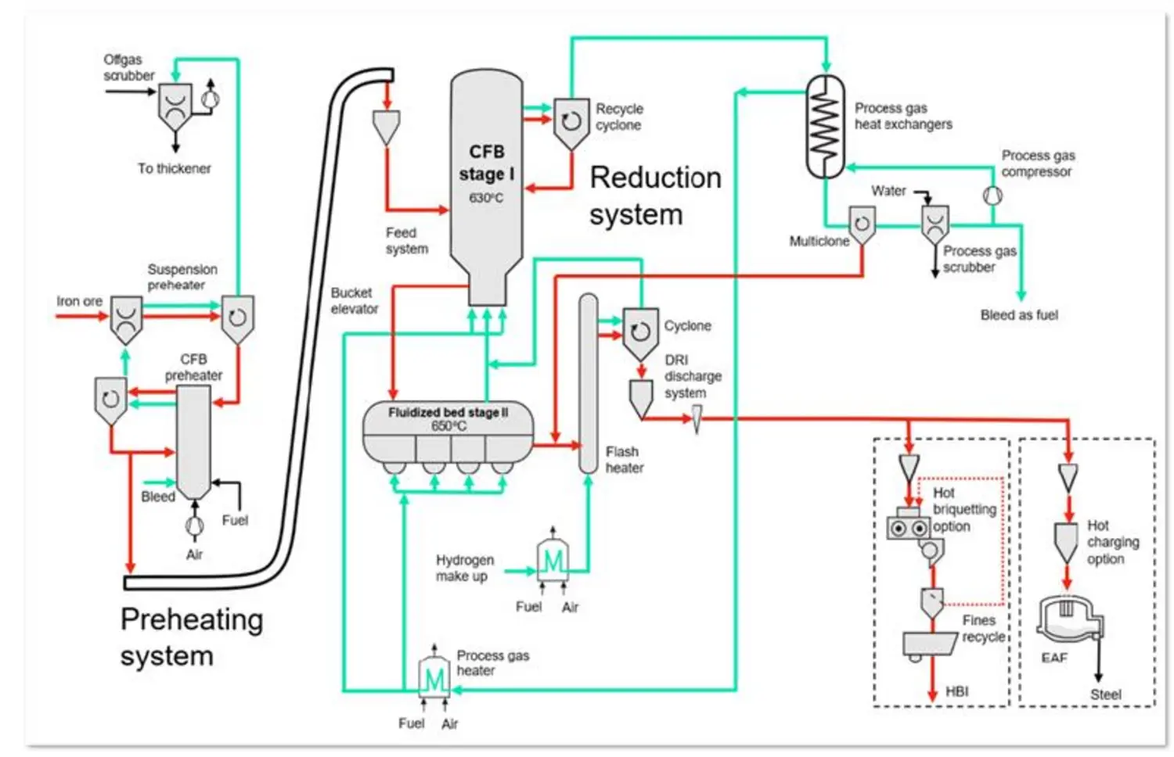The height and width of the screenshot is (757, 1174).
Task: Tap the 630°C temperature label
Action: (x=486, y=199)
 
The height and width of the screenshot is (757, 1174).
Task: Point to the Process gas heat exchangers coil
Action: (x=825, y=125)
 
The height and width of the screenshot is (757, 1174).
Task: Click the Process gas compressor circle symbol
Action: (x=992, y=195)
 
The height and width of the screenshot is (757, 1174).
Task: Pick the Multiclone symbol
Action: (x=862, y=225)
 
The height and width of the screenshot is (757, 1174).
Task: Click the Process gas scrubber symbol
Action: (x=935, y=224)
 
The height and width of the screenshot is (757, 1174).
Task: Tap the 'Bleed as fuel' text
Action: (x=1019, y=315)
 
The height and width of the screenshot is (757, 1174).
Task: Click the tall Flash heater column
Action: (x=588, y=383)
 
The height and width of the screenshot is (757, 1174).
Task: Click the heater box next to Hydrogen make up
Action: (x=553, y=560)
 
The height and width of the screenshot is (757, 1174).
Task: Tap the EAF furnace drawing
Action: (x=1068, y=619)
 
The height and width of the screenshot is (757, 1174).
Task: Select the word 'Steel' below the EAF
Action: (x=1105, y=694)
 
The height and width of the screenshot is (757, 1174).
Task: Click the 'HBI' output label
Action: (x=956, y=691)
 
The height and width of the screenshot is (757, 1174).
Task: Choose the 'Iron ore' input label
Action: (x=79, y=301)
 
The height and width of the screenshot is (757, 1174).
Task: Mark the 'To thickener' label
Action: (x=175, y=168)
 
